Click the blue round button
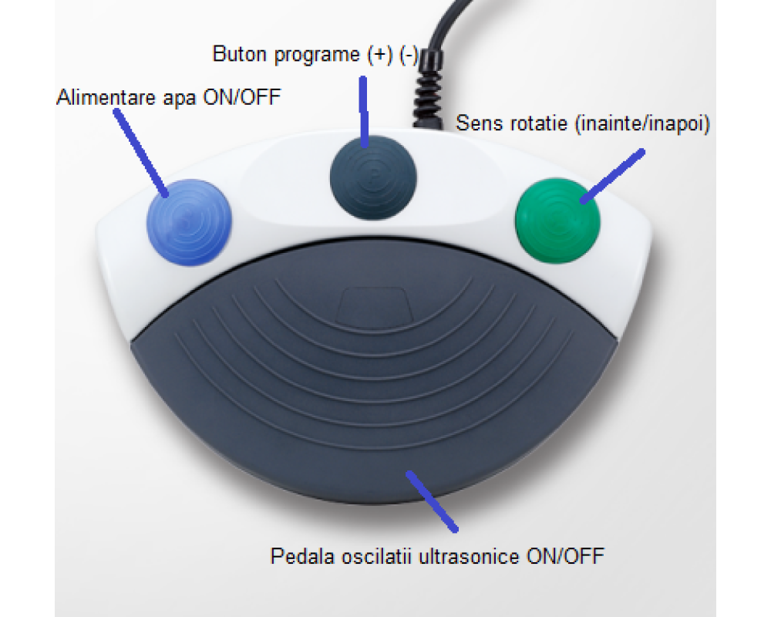tap(190, 222)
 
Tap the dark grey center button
tap(373, 177)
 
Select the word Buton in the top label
tap(240, 54)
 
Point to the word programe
tap(317, 55)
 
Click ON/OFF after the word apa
tap(242, 97)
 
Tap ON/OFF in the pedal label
tap(565, 557)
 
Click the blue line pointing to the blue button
tap(141, 153)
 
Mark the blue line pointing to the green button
tap(612, 176)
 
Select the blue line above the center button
tap(364, 112)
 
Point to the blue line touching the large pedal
tap(432, 501)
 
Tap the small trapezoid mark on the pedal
tap(374, 305)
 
